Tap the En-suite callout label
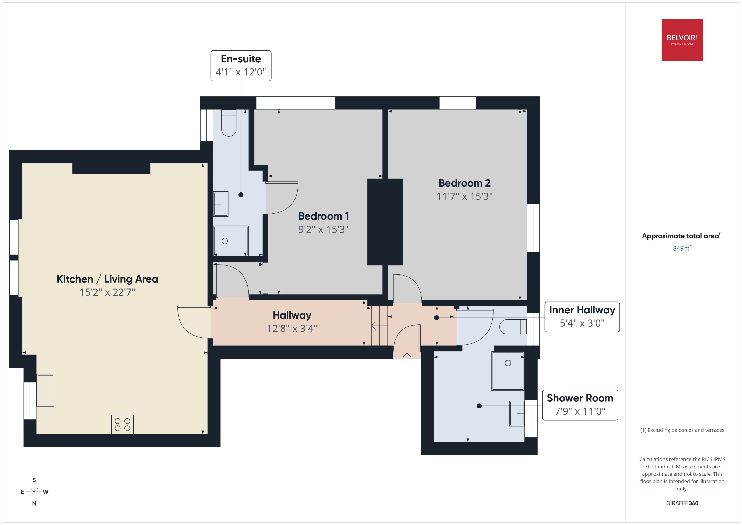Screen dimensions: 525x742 (241, 65)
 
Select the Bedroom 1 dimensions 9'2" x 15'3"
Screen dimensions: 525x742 (323, 229)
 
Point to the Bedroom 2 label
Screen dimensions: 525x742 (464, 183)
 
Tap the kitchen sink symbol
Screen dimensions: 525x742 (45, 390)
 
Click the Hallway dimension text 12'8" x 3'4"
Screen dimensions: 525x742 (292, 329)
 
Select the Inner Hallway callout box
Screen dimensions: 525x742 (582, 316)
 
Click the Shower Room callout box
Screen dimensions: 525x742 (580, 405)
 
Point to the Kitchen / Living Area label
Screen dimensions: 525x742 (107, 279)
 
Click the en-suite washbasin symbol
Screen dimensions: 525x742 (221, 204)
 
